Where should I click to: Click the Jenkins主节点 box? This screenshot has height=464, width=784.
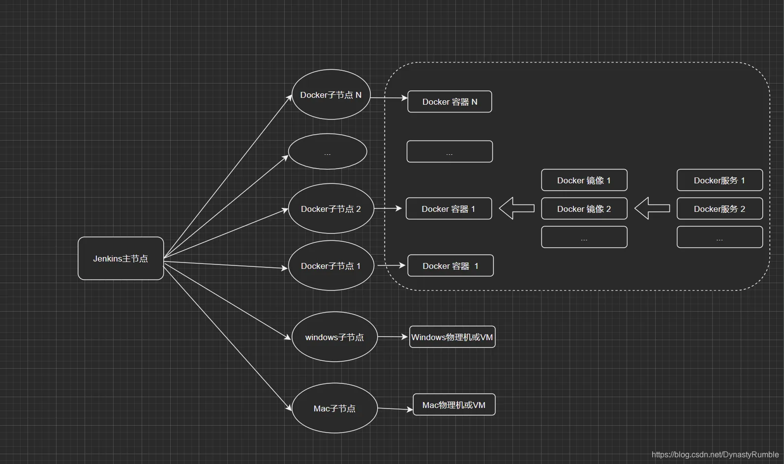(x=121, y=259)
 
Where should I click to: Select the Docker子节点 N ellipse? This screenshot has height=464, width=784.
(x=331, y=94)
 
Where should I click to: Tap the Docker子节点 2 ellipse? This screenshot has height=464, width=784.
(x=331, y=208)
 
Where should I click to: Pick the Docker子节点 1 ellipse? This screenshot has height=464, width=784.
(x=331, y=265)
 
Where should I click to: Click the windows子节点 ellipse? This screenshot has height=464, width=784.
(x=334, y=337)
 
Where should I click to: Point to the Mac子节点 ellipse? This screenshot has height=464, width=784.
(x=334, y=408)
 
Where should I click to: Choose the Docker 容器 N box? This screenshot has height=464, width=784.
(x=450, y=101)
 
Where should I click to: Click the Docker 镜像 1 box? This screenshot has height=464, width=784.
(x=584, y=180)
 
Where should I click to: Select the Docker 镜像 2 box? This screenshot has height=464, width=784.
(x=584, y=208)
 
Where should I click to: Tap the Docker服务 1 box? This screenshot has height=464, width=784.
(x=720, y=180)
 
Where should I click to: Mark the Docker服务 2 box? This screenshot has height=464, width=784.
(x=720, y=208)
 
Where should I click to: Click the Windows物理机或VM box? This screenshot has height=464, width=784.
(x=452, y=337)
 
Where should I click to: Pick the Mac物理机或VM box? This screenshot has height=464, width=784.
(x=454, y=405)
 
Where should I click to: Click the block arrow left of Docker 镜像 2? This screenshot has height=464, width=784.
(x=516, y=208)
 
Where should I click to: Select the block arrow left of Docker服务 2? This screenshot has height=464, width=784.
(x=652, y=208)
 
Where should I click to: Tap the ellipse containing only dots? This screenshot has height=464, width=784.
(x=328, y=151)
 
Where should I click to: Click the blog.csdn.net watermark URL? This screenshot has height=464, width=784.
(x=715, y=455)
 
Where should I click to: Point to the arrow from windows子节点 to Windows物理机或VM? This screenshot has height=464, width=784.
(x=393, y=337)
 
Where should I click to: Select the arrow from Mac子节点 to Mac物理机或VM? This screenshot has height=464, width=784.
(x=395, y=409)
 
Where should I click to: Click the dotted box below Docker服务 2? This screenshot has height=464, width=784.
(x=720, y=237)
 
